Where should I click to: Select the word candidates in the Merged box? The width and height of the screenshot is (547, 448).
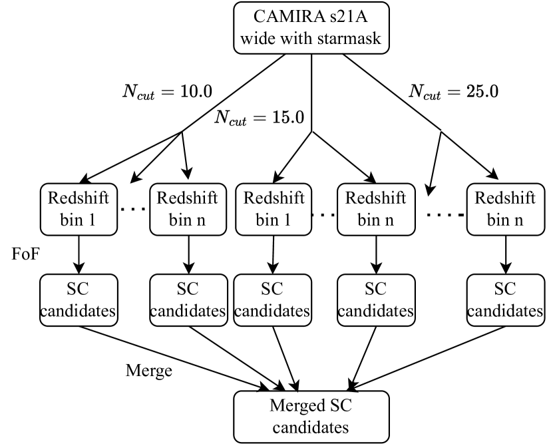pos(311,426)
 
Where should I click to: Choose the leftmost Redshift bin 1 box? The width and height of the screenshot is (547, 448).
pos(79,209)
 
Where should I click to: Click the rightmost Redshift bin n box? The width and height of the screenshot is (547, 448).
pos(504,209)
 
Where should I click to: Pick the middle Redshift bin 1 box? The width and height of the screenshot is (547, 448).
pos(273,209)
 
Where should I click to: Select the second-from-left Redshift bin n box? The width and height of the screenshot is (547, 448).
pos(187,209)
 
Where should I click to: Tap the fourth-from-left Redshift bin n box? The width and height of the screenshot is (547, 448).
pos(375,209)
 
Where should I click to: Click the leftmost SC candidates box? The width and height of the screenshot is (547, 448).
pos(79,300)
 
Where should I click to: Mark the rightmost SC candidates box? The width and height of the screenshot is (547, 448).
pos(504,300)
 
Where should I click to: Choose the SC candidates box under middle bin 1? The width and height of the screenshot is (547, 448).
pos(272,300)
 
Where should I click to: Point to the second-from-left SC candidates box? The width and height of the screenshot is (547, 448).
pos(187,300)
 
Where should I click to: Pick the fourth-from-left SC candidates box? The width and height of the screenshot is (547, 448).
pos(375,300)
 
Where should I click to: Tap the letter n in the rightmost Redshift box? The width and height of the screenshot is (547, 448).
pos(518,220)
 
